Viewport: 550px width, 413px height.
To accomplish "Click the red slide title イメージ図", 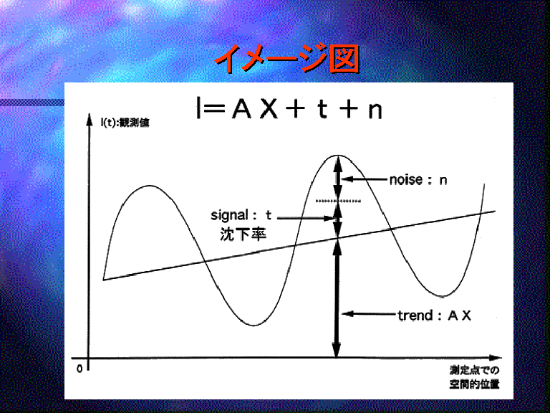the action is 287,58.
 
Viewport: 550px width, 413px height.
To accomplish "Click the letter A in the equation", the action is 242,108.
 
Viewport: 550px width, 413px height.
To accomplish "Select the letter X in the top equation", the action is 269,108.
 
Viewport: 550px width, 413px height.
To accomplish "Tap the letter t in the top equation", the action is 323,109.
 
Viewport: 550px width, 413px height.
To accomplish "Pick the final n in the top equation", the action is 375,111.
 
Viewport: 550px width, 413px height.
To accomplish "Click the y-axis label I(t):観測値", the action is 125,123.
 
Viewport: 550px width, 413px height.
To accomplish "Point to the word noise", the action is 406,180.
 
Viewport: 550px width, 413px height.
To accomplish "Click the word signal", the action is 229,215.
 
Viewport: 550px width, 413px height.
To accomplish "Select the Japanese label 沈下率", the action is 243,234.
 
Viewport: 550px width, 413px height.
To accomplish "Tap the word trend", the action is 415,315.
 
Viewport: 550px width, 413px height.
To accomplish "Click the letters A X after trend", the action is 460,315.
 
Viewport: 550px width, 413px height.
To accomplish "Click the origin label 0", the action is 79,369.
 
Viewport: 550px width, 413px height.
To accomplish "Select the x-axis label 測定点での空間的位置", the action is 474,377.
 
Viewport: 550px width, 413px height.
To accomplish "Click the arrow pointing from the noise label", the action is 365,179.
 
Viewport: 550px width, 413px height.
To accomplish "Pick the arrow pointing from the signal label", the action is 306,218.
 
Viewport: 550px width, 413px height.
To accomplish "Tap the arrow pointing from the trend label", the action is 369,313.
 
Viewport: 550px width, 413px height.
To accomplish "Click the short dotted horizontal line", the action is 338,201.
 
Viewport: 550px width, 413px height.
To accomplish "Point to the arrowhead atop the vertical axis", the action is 90,119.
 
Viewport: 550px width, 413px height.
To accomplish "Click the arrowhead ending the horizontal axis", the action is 496,358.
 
